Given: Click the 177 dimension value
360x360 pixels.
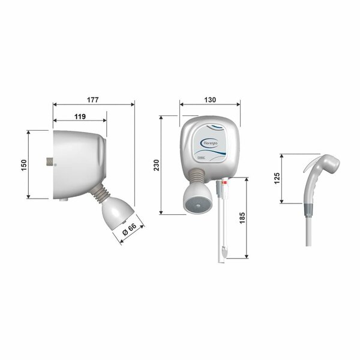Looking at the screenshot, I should [94, 99].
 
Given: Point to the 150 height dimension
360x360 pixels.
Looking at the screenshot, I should [23, 164].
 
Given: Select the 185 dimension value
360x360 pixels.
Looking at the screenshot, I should [241, 219].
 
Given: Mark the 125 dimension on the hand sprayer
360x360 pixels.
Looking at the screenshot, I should [277, 179].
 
